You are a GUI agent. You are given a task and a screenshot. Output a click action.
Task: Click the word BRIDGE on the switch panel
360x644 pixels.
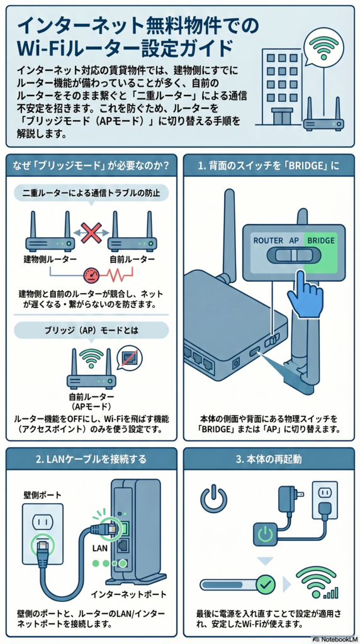pyautogui.click(x=320, y=240)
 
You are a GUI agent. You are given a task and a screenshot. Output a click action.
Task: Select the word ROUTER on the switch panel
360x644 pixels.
pyautogui.click(x=268, y=240)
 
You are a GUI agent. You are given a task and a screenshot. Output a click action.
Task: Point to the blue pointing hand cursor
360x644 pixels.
pyautogui.click(x=306, y=293)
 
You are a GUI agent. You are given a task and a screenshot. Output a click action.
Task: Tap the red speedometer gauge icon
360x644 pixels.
pyautogui.click(x=93, y=275)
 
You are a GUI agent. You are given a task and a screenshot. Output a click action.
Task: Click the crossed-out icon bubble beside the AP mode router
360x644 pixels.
pyautogui.click(x=130, y=358)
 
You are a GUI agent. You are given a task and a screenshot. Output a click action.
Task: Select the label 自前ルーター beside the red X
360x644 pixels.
pyautogui.click(x=132, y=260)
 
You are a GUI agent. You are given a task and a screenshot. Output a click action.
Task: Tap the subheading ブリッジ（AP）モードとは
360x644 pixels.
pyautogui.click(x=91, y=330)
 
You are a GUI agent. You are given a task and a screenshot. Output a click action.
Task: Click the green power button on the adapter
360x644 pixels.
pyautogui.click(x=266, y=534)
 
